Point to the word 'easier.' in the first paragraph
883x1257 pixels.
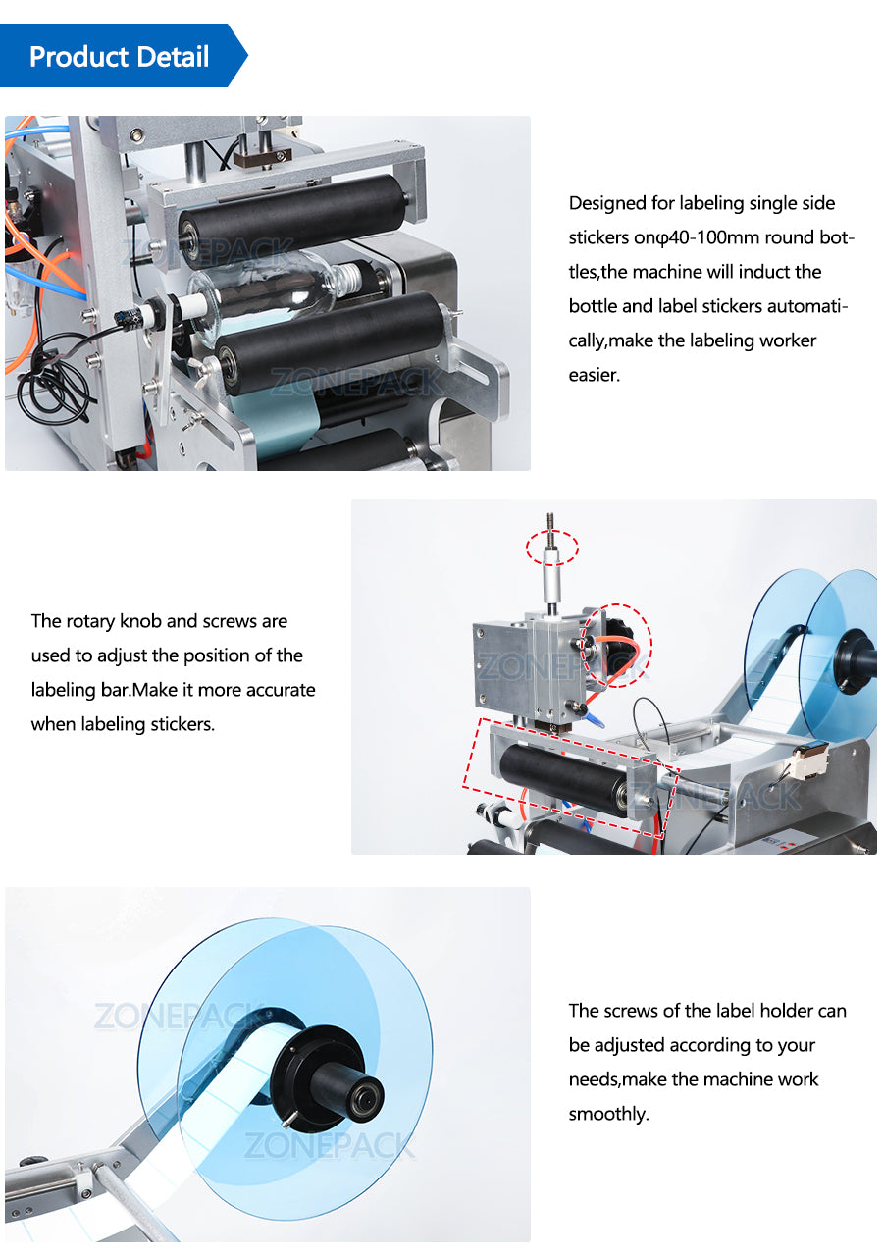(594, 375)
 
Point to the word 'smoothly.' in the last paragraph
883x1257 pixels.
(608, 1114)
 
